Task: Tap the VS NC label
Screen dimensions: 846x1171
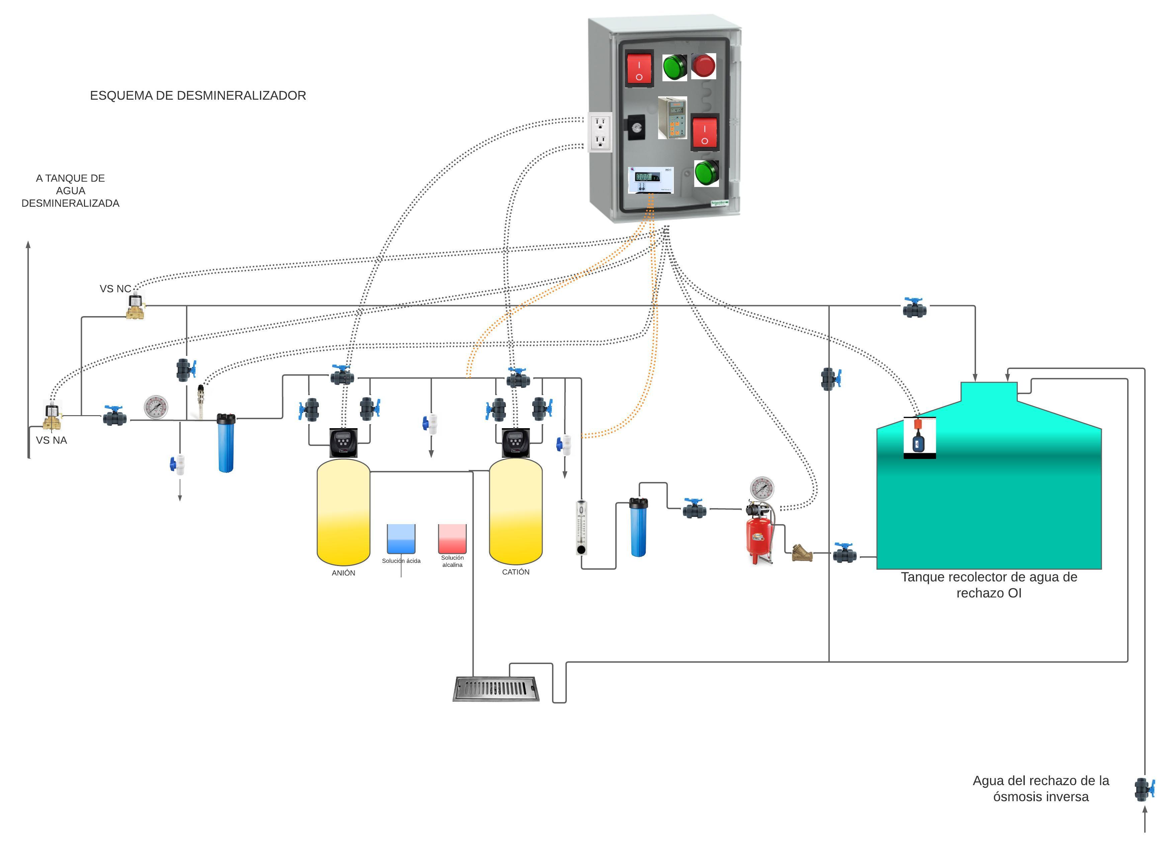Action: pyautogui.click(x=115, y=289)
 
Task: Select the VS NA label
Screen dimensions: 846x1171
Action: pyautogui.click(x=51, y=440)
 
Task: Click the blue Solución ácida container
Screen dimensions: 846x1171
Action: pyautogui.click(x=401, y=539)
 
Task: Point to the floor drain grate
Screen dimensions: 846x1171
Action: pyautogui.click(x=496, y=689)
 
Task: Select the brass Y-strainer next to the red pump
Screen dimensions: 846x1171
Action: pyautogui.click(x=802, y=553)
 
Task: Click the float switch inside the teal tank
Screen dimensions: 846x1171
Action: pyautogui.click(x=919, y=437)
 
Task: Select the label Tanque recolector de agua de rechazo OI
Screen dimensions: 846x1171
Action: pyautogui.click(x=989, y=585)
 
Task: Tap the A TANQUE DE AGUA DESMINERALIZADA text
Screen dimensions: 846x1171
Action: pyautogui.click(x=70, y=190)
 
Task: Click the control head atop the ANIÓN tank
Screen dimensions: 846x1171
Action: pyautogui.click(x=343, y=442)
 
